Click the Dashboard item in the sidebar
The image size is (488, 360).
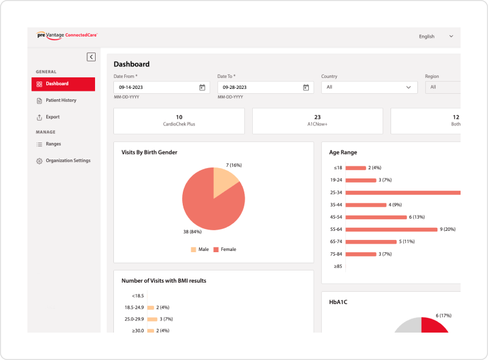(63, 84)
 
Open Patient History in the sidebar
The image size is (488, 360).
(60, 101)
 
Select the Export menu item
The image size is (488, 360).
(52, 117)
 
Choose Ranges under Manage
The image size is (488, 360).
(53, 144)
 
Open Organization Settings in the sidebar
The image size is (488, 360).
(67, 161)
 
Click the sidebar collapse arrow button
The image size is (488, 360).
(91, 57)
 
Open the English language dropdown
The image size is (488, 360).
(436, 37)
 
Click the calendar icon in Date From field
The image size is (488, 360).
(202, 88)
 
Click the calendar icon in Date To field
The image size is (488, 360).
(306, 88)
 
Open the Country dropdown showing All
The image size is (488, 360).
(369, 88)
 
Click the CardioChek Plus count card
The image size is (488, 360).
(179, 121)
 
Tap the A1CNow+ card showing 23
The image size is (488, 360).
(317, 121)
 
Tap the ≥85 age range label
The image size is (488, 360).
(337, 266)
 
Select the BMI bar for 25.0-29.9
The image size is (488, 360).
(152, 319)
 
